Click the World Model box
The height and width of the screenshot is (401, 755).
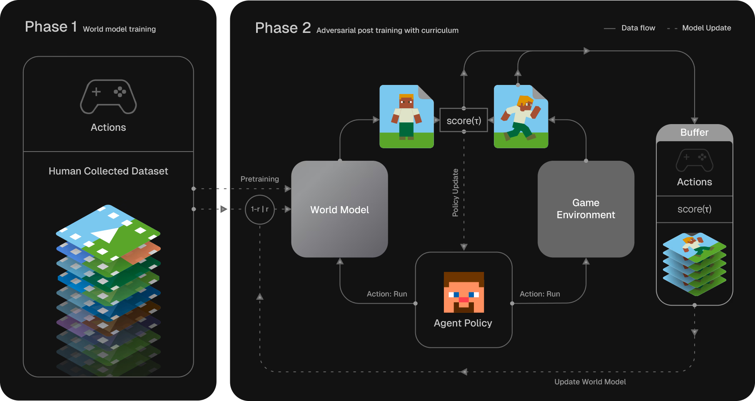tap(339, 209)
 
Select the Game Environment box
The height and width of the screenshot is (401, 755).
tap(586, 209)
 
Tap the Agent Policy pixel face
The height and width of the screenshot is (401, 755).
tap(464, 292)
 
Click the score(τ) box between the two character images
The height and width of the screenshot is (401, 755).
tap(464, 120)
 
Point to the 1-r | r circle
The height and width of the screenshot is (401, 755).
tap(260, 209)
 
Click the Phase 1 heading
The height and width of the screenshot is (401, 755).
tap(51, 27)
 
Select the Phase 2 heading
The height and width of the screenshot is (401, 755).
tap(283, 28)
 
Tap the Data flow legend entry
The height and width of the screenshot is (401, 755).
tap(630, 28)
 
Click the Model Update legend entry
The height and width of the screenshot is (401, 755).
tap(699, 28)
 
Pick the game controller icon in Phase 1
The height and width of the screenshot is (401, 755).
tap(108, 97)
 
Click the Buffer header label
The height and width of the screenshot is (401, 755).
tap(694, 132)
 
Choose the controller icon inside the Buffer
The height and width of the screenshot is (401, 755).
tap(695, 160)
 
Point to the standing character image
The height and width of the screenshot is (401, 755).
tap(406, 117)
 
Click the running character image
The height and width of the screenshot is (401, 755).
tap(521, 117)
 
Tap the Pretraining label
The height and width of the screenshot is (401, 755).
tap(260, 179)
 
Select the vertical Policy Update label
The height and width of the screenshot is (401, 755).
tap(455, 192)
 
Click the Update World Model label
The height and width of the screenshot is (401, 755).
tap(590, 382)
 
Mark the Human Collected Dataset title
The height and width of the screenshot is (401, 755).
tap(108, 171)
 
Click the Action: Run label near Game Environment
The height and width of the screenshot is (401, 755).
tap(540, 294)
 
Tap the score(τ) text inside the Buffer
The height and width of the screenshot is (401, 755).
tap(694, 209)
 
